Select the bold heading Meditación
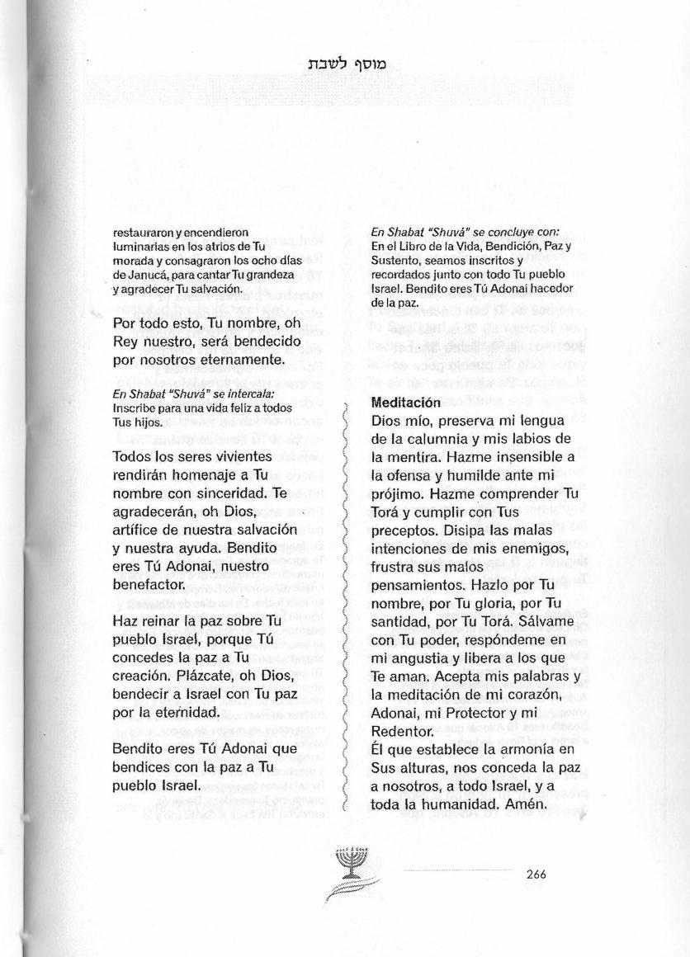point(406,403)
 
